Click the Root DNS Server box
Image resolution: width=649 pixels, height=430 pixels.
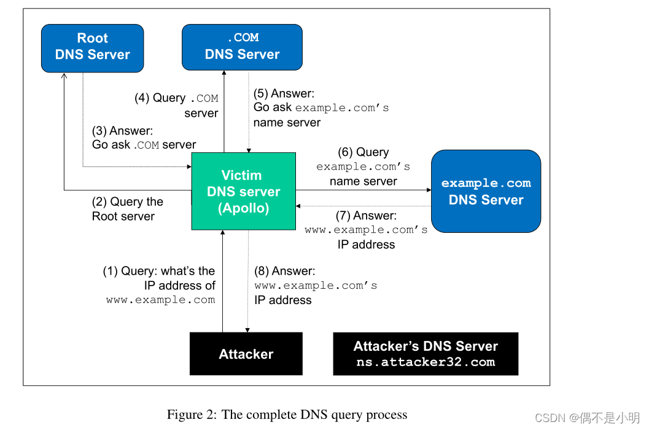92,48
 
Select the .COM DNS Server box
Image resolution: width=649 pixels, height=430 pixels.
242,47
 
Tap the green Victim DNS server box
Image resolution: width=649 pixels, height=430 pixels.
243,192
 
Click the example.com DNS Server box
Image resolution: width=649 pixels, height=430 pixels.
486,191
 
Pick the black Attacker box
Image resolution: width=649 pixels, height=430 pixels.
246,354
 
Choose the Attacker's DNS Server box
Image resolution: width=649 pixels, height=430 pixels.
426,354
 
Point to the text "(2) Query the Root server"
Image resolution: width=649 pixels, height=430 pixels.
127,209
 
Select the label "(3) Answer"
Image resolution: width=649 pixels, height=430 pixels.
122,130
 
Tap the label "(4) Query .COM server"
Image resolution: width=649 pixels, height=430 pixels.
176,105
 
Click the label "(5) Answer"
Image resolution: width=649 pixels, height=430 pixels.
284,93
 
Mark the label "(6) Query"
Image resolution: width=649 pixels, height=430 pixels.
363,152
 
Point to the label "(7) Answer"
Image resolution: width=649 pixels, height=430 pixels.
366,216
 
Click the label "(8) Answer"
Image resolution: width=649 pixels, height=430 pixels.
284,271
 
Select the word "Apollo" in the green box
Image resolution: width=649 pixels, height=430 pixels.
243,208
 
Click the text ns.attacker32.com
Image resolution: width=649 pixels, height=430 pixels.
426,362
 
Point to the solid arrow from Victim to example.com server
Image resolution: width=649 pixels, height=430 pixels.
362,190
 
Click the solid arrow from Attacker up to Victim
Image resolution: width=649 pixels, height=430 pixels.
223,283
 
